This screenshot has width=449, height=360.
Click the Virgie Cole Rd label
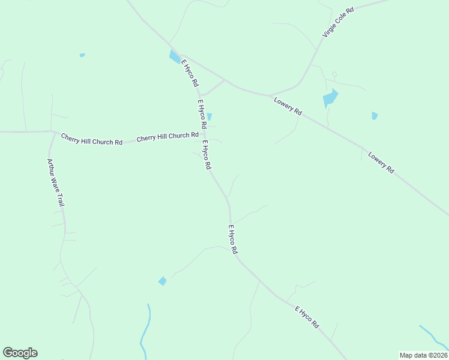point(338,23)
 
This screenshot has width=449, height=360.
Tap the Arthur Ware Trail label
point(56,182)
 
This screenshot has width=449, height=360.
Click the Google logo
point(20,353)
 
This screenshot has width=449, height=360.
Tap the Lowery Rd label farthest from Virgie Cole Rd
point(381,163)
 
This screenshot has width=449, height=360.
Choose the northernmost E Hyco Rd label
point(189,73)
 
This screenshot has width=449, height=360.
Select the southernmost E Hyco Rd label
point(307,316)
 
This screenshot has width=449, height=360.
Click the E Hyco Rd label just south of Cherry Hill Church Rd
point(206,155)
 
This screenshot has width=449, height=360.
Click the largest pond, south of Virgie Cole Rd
point(330,98)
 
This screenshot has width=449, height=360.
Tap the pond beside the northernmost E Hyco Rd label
point(175,57)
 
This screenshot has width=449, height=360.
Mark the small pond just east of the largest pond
point(375,116)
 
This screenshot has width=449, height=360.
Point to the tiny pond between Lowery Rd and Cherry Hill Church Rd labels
point(209,116)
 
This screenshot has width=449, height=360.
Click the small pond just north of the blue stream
point(162,281)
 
